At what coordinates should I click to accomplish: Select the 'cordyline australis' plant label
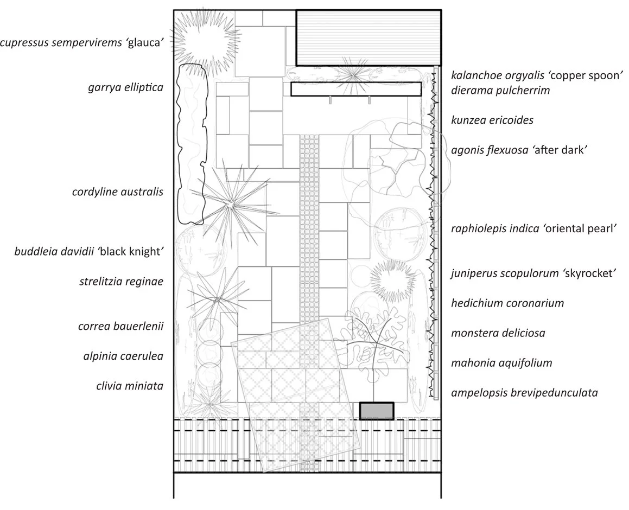point(118,192)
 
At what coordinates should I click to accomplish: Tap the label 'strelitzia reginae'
point(121,281)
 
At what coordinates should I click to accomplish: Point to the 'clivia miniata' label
point(128,386)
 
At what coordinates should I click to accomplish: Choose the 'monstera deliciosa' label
point(498,333)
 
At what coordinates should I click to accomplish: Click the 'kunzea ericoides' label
point(492,120)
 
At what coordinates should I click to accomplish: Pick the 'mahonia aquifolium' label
point(501,362)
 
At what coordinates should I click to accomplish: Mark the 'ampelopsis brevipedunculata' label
point(524,392)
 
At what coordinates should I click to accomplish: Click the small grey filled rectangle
point(376,411)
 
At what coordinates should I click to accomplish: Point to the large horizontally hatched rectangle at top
point(367,37)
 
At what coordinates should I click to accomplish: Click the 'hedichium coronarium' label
point(507,303)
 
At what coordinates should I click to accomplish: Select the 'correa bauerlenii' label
point(121,326)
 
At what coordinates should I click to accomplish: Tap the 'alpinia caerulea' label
point(123,356)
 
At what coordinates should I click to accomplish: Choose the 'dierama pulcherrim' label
point(500,91)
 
